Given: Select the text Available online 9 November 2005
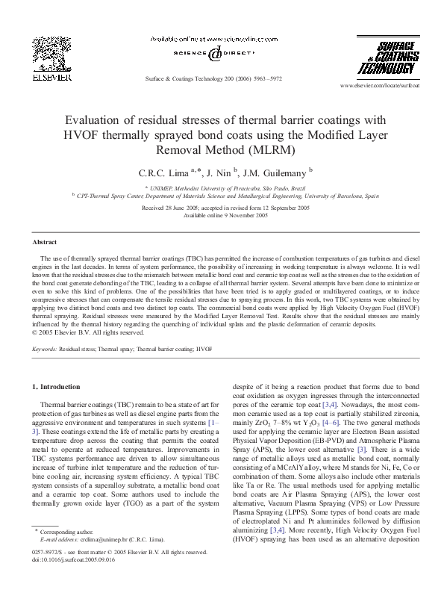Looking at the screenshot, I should tap(222, 214).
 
